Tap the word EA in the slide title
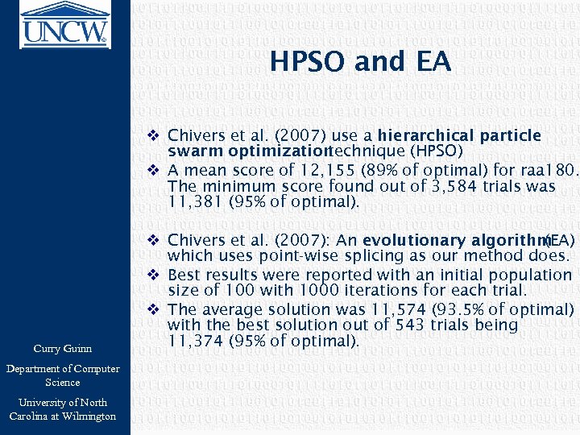(x=433, y=62)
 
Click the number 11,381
(x=193, y=201)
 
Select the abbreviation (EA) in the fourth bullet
(x=560, y=241)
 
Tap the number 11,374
(x=193, y=341)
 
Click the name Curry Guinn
(x=63, y=348)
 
